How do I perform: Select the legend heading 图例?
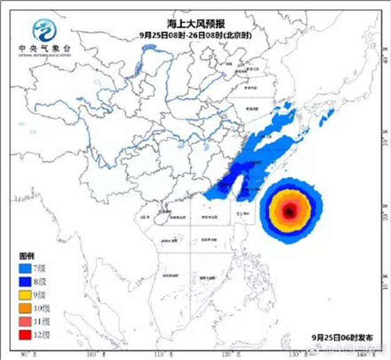point(26,257)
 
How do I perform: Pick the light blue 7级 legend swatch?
point(28,269)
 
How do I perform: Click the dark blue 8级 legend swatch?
point(28,281)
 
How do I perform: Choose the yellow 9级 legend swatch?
point(28,294)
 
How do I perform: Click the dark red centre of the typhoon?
point(290,211)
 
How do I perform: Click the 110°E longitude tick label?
point(163,356)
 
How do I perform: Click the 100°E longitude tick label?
point(94,356)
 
